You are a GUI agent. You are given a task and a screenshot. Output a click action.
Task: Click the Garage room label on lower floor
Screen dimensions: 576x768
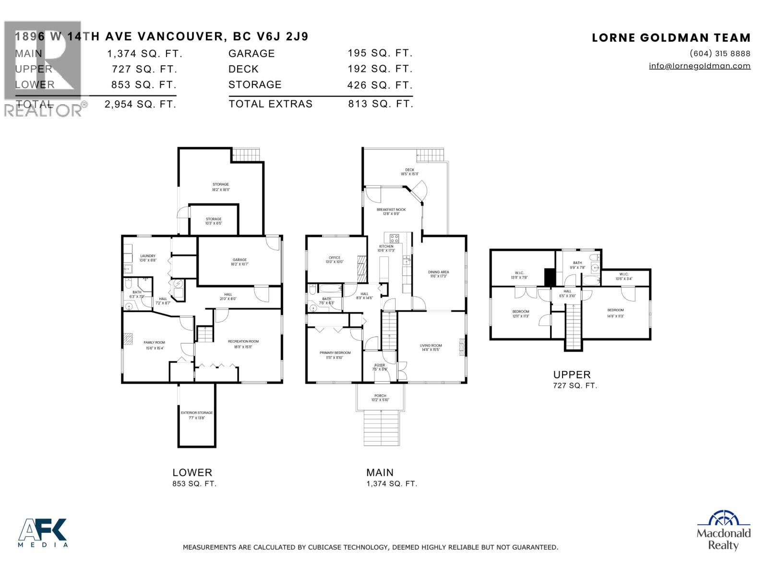(240, 260)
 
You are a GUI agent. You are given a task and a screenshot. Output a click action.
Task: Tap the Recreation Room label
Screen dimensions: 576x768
(243, 342)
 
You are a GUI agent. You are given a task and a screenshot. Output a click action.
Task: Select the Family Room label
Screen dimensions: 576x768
(154, 343)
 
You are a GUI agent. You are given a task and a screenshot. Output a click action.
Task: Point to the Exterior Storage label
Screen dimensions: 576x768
(197, 413)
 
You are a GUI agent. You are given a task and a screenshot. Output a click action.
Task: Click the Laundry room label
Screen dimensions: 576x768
(147, 256)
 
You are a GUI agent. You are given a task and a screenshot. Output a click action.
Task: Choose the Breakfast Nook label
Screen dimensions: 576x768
(391, 210)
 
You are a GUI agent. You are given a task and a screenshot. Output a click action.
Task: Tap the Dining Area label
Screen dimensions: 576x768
(438, 272)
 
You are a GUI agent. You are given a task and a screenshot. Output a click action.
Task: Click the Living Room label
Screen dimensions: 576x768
(431, 346)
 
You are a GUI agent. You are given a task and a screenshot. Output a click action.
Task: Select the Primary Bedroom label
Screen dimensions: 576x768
(335, 353)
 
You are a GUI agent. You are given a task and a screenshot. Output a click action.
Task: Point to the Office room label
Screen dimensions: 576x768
(335, 258)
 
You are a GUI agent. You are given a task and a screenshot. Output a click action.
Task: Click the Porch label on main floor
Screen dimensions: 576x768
(380, 396)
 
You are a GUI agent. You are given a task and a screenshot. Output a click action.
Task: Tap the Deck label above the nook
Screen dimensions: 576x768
(409, 170)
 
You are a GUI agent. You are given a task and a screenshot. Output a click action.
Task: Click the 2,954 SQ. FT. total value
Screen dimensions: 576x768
(140, 104)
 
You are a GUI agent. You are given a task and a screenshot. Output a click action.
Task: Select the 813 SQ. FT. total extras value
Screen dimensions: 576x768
(380, 104)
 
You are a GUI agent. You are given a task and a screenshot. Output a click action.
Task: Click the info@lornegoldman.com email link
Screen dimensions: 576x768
(699, 66)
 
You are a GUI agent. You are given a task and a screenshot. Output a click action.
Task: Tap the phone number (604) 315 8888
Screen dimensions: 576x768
(720, 53)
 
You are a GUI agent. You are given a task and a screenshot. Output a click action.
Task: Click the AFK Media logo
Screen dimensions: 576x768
(43, 532)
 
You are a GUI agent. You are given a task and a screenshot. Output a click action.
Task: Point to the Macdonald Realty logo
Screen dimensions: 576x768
(723, 530)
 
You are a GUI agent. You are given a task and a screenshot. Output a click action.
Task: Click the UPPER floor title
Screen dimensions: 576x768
(572, 375)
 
